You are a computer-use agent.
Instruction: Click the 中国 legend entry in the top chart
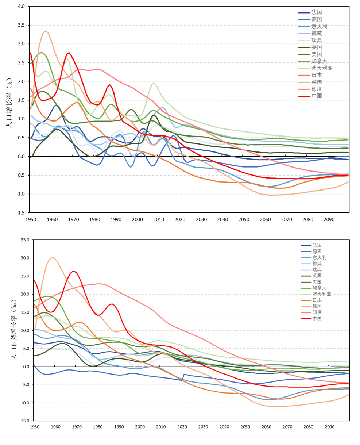coord(317,96)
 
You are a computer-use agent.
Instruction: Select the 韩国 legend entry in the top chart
coord(317,82)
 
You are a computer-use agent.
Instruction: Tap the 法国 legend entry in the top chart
coord(317,12)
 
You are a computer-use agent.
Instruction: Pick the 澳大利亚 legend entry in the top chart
coord(322,68)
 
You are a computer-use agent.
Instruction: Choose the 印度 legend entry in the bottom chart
coord(317,312)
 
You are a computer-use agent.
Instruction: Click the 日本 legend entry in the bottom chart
coord(317,300)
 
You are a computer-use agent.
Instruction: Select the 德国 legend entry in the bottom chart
coord(317,252)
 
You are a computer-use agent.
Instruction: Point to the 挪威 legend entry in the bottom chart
coord(317,264)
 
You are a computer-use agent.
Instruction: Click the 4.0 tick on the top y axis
coord(21,7)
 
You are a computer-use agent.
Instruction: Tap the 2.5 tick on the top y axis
coord(21,63)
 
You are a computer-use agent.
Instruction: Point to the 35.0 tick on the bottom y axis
coord(24,240)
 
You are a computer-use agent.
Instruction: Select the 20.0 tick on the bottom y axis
coord(24,294)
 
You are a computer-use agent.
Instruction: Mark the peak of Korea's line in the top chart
coord(46,31)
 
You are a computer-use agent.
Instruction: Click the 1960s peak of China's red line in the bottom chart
coord(74,271)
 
